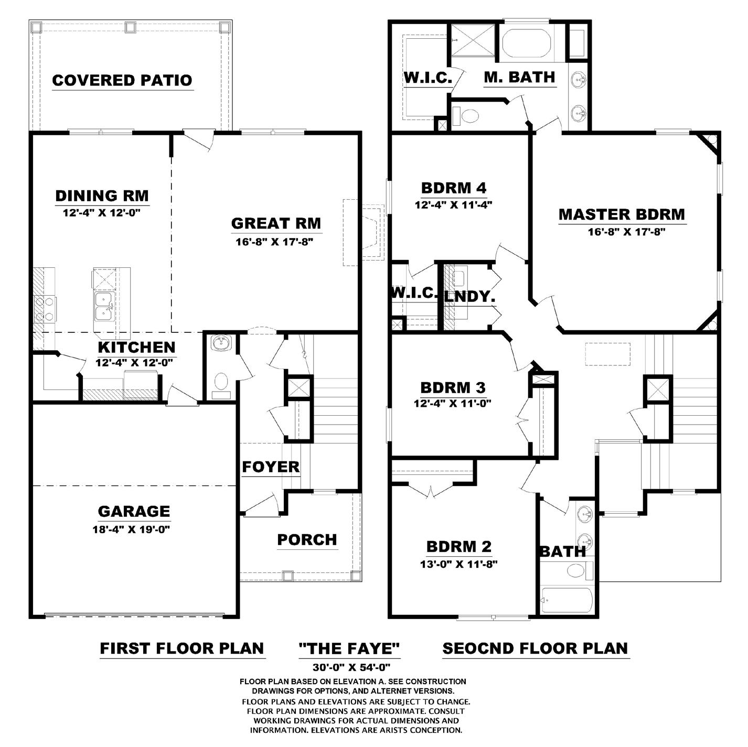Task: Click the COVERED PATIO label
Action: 122,80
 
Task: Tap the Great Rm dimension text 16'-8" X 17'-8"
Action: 274,242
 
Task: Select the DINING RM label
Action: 102,196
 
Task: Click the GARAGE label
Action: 134,511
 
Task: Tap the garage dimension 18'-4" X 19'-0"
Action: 132,529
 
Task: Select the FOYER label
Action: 271,467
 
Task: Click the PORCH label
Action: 307,540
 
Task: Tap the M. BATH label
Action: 519,77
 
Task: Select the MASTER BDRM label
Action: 622,214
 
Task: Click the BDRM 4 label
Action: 454,188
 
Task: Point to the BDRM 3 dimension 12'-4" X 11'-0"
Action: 453,404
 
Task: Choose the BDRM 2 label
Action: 459,546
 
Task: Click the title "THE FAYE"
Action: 349,648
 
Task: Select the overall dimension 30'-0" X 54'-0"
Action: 351,667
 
